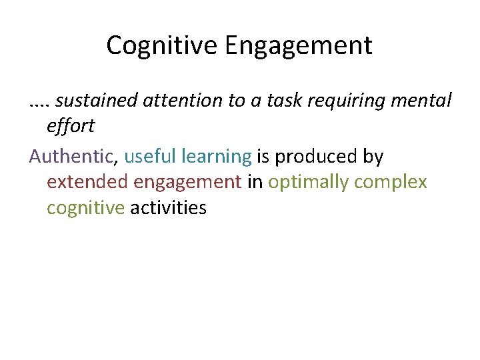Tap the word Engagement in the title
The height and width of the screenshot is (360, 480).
click(x=298, y=46)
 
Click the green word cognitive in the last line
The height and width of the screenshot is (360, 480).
click(x=85, y=208)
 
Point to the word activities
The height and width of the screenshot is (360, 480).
click(x=169, y=208)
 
